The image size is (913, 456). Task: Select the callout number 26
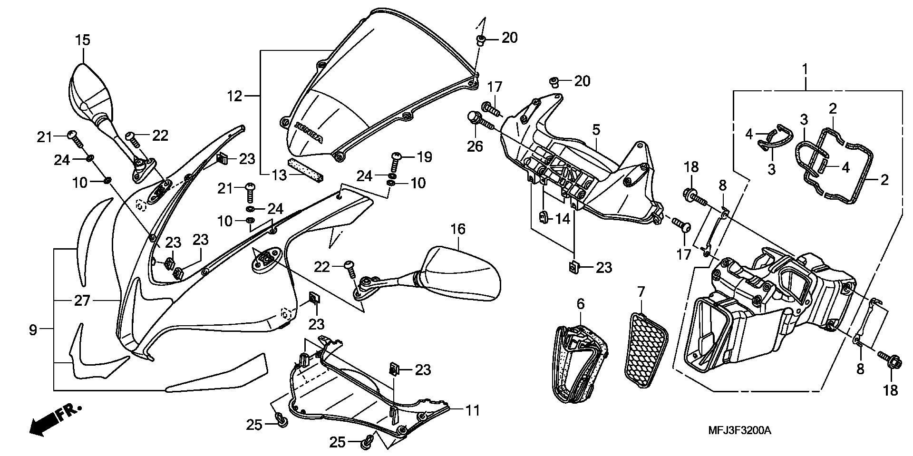pyautogui.click(x=475, y=146)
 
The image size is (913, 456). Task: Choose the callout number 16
pyautogui.click(x=458, y=229)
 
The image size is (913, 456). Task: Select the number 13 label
pyautogui.click(x=280, y=175)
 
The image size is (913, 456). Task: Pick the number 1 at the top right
pyautogui.click(x=805, y=69)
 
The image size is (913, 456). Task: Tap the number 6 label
pyautogui.click(x=580, y=303)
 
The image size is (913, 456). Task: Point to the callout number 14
pyautogui.click(x=562, y=219)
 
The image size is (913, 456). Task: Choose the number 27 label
pyautogui.click(x=82, y=301)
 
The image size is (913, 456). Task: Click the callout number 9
pyautogui.click(x=33, y=330)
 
